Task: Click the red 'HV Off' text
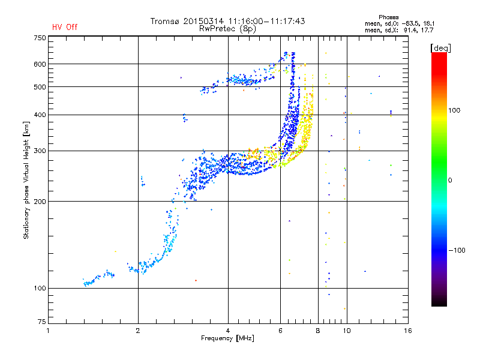[65, 27]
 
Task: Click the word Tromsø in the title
[165, 21]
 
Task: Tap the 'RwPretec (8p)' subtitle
[227, 29]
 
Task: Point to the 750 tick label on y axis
[40, 38]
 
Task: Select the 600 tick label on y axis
[40, 64]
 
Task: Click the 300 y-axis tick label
[40, 151]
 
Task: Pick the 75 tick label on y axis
[42, 322]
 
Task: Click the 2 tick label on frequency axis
[138, 331]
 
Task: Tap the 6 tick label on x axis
[280, 331]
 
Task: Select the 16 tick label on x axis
[408, 331]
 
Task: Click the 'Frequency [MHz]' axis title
[227, 338]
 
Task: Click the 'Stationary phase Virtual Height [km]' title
[26, 181]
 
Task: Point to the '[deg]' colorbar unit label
[440, 48]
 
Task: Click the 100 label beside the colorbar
[454, 110]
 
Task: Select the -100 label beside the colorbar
[457, 250]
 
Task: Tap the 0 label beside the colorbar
[450, 181]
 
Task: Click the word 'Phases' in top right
[388, 17]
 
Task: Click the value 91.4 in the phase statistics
[410, 31]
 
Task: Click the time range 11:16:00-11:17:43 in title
[266, 21]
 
